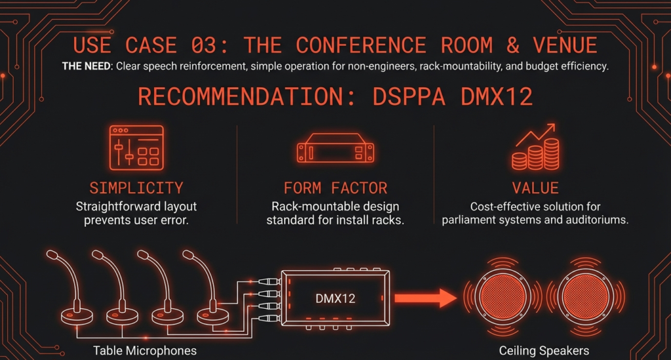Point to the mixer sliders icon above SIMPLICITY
tap(136, 148)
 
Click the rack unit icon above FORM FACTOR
tap(334, 150)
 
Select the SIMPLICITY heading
tap(136, 188)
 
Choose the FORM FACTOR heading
tap(335, 188)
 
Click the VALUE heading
tap(535, 188)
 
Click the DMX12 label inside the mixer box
tap(335, 298)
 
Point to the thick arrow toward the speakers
tap(426, 298)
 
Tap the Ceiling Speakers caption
tap(543, 350)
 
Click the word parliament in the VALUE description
tap(474, 220)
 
